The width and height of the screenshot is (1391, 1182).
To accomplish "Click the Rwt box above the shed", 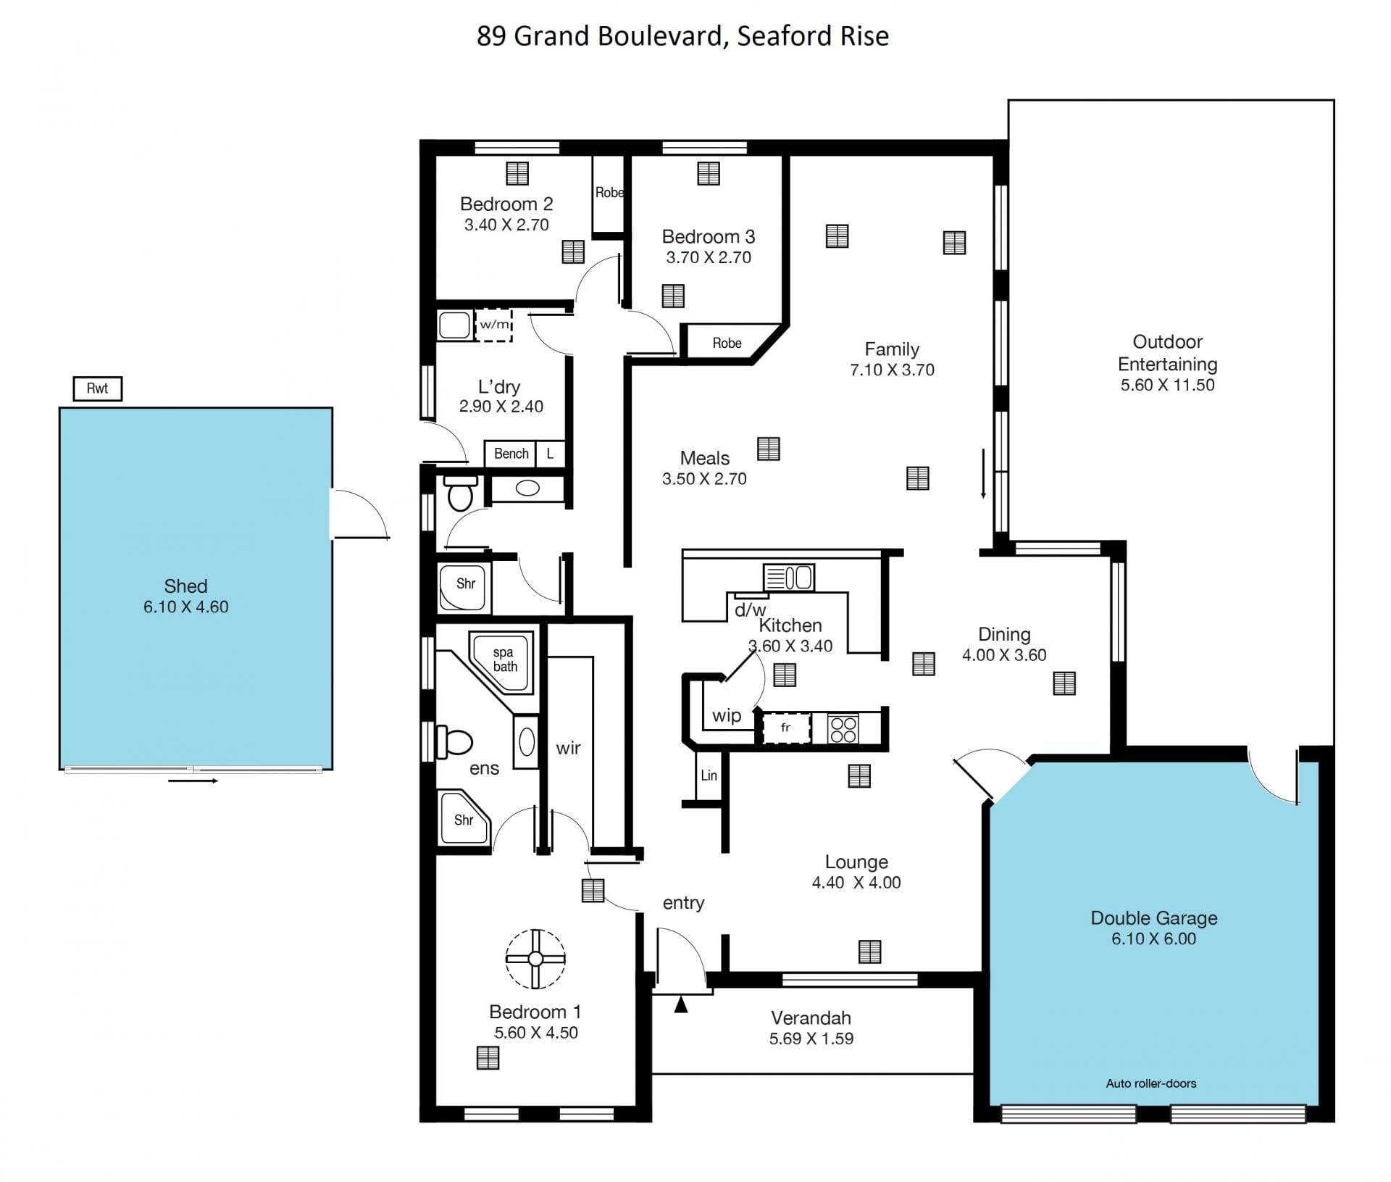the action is [x=97, y=388].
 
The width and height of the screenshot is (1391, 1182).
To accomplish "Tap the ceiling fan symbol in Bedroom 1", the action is [x=535, y=959].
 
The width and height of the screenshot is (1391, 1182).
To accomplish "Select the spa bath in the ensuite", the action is [x=504, y=661].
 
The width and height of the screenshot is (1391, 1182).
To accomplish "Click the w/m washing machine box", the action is [x=494, y=325].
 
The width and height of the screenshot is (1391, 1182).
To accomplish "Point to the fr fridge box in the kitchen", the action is [x=785, y=728].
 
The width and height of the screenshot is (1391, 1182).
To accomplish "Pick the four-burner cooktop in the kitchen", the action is [x=843, y=728].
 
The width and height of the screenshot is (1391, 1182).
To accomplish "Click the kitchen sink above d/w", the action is [x=789, y=578].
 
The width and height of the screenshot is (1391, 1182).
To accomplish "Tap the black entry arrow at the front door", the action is [x=681, y=1005].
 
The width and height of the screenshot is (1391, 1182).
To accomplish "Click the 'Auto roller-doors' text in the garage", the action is [x=1151, y=1083].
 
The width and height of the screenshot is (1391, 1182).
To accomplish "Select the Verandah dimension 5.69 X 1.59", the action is [x=811, y=1039].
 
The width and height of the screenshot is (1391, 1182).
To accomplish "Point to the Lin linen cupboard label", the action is [x=709, y=775].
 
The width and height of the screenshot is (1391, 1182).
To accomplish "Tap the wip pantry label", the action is [x=727, y=716].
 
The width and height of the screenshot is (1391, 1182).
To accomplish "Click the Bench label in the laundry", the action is [x=511, y=454].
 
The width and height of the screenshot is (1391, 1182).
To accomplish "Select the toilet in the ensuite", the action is [x=454, y=742].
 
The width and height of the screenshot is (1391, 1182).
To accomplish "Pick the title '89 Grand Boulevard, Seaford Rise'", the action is [x=682, y=36].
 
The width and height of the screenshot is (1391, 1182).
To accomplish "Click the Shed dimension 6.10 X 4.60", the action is [x=186, y=607].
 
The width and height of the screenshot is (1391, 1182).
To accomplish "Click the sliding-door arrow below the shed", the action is [x=193, y=781].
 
